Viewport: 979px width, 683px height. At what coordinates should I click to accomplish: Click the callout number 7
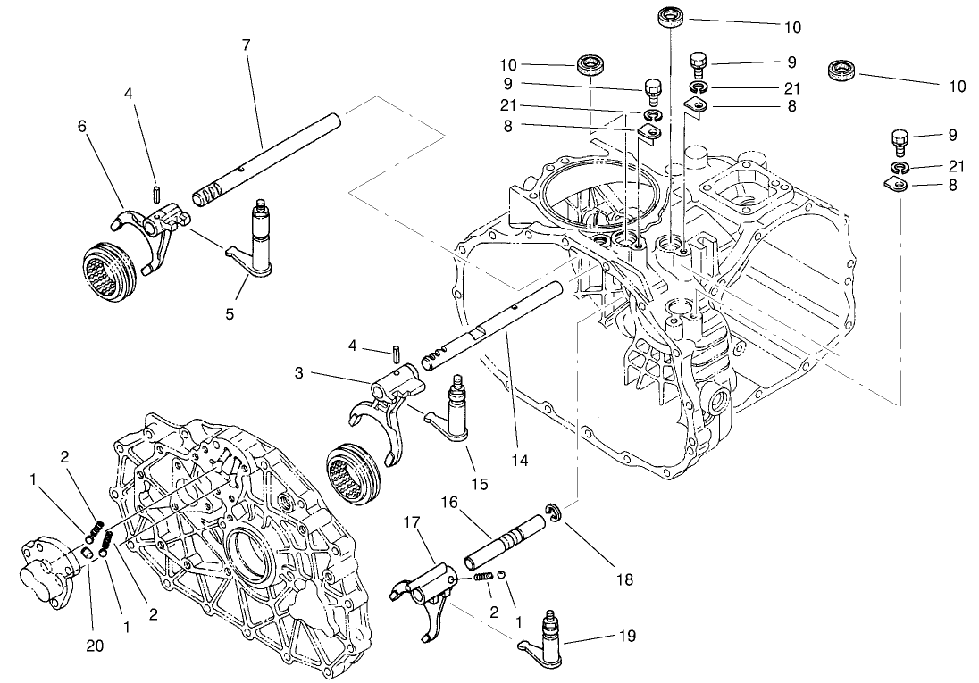[245, 45]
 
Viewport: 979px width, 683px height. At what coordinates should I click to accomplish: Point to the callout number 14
[520, 461]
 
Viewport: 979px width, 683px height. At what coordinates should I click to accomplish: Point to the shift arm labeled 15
[451, 412]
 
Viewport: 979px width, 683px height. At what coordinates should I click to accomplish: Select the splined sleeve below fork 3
[355, 473]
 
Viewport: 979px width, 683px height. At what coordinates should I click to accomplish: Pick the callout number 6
[83, 127]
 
